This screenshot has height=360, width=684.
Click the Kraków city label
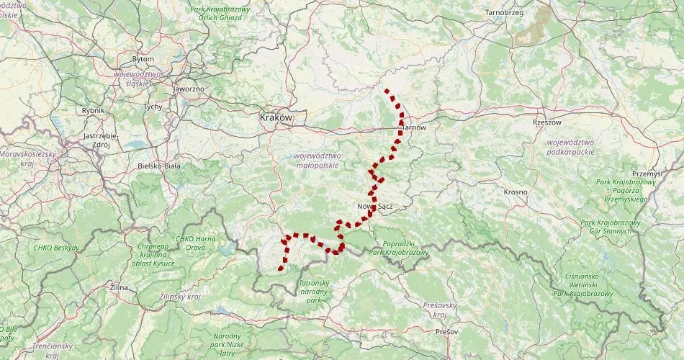point(276,117)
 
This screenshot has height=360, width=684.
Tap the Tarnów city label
point(414,127)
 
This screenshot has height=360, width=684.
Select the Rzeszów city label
point(546,122)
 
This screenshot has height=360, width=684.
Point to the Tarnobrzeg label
point(504,13)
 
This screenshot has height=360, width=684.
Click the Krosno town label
point(516,192)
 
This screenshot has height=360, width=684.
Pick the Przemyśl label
point(646,174)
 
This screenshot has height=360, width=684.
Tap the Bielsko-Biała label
point(159,166)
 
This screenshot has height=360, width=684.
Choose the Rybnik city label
point(94,110)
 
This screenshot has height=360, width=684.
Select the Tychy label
point(153,107)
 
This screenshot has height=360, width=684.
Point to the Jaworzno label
point(189,89)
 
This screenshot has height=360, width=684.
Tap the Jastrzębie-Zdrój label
point(101,140)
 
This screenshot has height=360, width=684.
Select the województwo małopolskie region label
point(317,161)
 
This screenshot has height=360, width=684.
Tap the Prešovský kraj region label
point(436,310)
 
